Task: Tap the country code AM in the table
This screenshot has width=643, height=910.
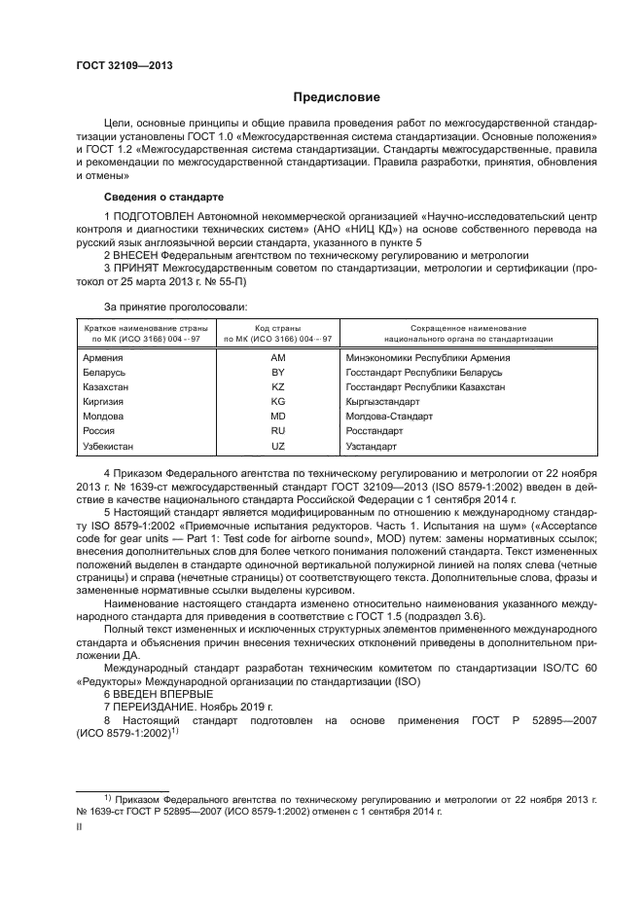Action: (x=277, y=357)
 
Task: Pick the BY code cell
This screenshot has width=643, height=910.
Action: (x=277, y=372)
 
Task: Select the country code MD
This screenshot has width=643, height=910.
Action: (x=277, y=416)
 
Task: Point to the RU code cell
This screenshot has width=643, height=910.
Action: (x=277, y=430)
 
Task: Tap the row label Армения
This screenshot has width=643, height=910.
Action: (x=104, y=357)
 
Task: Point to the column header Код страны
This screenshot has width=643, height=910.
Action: (x=277, y=328)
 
